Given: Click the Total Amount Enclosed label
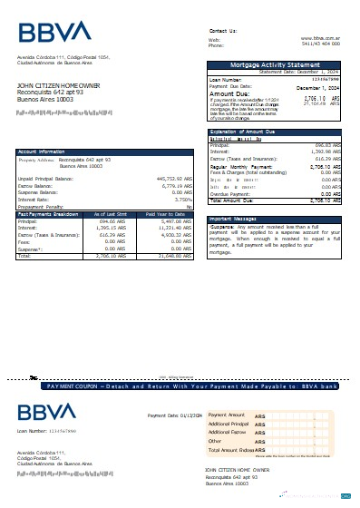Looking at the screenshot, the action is click(231, 449).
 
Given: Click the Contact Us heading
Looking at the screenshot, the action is click(222, 30).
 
